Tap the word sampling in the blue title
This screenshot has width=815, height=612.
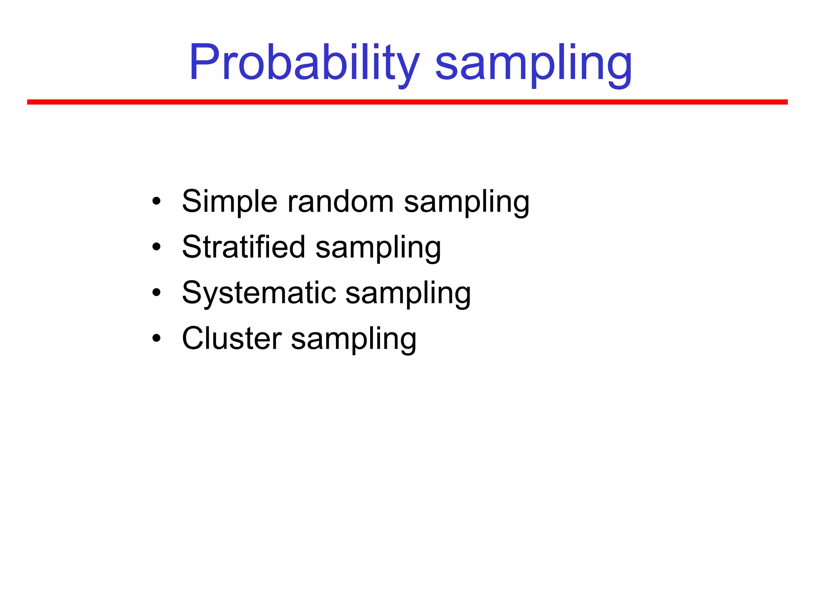(533, 64)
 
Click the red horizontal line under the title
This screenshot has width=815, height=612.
(407, 102)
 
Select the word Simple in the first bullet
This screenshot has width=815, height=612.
(229, 202)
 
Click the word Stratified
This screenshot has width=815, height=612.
(244, 247)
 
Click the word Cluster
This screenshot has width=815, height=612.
(232, 339)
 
